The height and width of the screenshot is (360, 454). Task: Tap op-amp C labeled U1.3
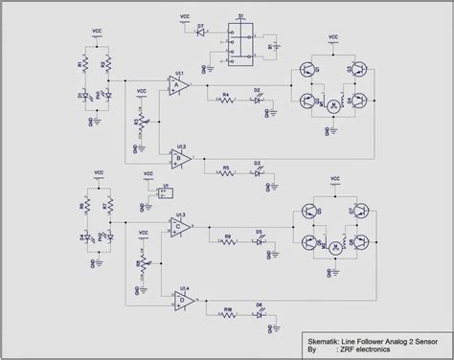(179, 227)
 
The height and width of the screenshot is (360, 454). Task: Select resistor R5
(226, 173)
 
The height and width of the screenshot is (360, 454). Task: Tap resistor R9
(228, 241)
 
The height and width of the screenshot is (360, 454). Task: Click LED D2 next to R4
(257, 100)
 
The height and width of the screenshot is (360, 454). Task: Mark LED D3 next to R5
(257, 173)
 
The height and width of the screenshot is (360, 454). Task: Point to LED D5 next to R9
(259, 241)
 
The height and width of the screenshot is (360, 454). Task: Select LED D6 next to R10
(259, 314)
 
